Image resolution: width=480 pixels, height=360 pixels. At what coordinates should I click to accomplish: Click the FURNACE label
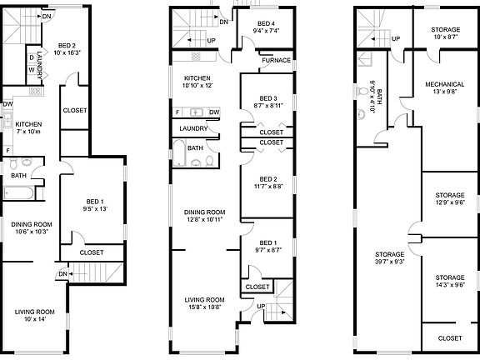[x=276, y=60]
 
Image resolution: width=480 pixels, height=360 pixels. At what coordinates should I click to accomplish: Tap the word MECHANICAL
[x=445, y=84]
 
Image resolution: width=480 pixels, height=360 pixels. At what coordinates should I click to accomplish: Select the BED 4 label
[x=266, y=23]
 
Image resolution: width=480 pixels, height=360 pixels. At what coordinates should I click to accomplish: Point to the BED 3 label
[x=268, y=98]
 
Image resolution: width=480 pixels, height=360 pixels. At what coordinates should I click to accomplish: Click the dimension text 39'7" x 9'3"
[x=390, y=262]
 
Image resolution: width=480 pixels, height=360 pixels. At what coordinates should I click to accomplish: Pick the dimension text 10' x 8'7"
[x=445, y=37]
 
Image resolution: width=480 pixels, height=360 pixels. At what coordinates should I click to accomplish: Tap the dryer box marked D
[x=32, y=57]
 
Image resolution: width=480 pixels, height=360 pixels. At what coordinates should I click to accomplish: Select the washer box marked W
[x=32, y=70]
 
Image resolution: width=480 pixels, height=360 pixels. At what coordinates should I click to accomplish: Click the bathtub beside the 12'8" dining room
[x=179, y=153]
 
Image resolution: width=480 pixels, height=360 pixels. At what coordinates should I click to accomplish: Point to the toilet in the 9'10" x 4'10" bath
[x=362, y=91]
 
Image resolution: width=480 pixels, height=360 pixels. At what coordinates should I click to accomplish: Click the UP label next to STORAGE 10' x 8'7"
[x=396, y=39]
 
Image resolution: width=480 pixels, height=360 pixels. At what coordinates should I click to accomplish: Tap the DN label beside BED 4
[x=224, y=22]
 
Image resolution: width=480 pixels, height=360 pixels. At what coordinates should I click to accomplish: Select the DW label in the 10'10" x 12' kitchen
[x=214, y=112]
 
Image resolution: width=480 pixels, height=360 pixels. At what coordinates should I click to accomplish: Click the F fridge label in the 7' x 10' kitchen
[x=8, y=150]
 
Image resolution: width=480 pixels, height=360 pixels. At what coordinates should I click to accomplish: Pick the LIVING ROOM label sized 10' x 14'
[x=35, y=312]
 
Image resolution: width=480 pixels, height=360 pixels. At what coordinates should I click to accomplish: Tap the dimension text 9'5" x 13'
[x=95, y=209]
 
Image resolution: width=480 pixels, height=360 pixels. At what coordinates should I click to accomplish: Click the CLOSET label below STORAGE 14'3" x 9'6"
[x=450, y=338]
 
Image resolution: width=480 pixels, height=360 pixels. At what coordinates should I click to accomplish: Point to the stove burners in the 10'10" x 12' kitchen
[x=196, y=56]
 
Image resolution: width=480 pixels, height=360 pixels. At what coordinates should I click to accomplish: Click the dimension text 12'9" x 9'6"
[x=450, y=202]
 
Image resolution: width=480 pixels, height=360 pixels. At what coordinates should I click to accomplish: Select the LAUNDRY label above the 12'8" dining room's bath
[x=193, y=128]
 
